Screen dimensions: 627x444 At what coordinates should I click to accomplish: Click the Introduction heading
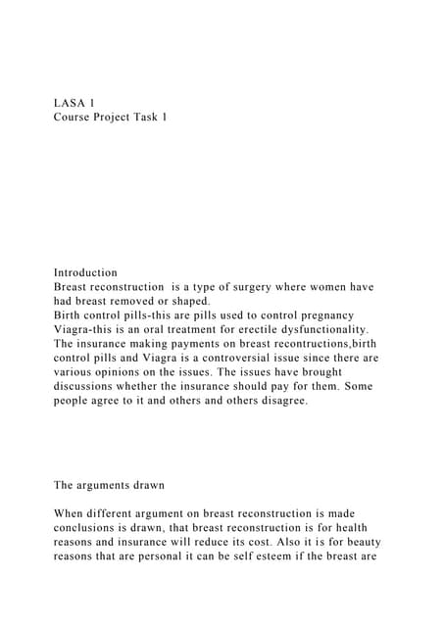tap(85, 272)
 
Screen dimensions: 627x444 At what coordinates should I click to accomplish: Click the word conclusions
tap(91, 528)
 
